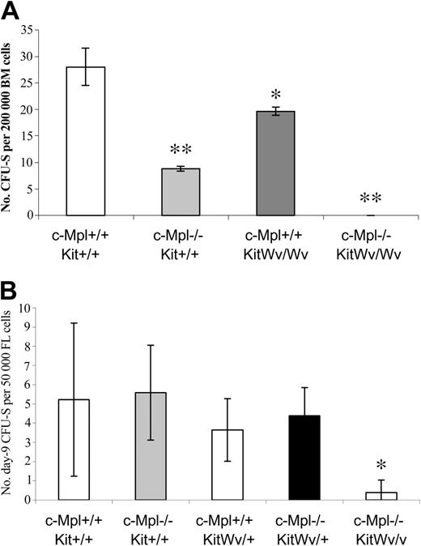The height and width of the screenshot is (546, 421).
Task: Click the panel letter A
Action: (11, 11)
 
